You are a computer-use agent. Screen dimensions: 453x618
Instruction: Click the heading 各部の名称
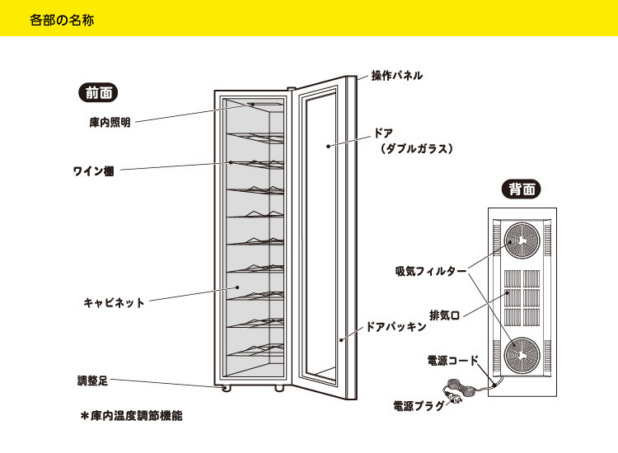[x=62, y=19]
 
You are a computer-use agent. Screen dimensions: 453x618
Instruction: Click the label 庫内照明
[x=110, y=122]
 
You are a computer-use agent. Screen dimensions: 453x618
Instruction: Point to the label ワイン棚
[x=93, y=171]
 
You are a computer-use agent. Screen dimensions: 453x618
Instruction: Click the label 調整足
[x=92, y=381]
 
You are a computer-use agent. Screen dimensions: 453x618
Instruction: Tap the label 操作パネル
[x=396, y=75]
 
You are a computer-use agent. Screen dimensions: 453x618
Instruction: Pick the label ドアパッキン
[x=396, y=326]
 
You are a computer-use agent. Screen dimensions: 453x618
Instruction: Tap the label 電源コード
[x=452, y=361]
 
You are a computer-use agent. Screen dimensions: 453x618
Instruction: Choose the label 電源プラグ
[x=420, y=405]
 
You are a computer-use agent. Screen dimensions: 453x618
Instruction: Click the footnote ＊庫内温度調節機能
[x=131, y=416]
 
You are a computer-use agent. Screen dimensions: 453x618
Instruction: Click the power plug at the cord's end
[x=452, y=401]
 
